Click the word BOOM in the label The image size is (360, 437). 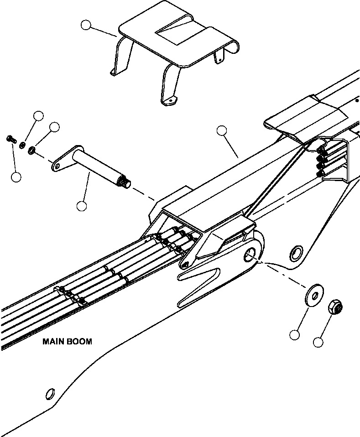[78, 341]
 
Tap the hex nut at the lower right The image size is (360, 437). [335, 308]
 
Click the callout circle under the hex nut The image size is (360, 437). [318, 341]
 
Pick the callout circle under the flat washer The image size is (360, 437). [295, 335]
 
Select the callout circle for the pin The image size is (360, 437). [82, 206]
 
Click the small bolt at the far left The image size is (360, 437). [10, 139]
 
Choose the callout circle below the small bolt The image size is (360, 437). [16, 177]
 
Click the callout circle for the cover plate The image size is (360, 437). [85, 25]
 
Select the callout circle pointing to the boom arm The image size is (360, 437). [222, 131]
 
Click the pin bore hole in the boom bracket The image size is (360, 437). [251, 255]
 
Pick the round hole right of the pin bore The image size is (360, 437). [296, 251]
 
